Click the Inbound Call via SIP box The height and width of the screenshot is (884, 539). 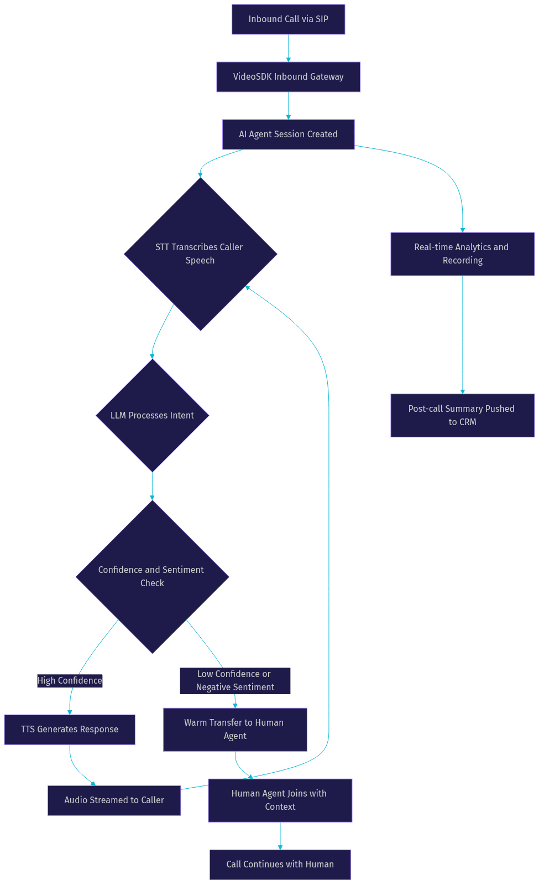[x=288, y=19]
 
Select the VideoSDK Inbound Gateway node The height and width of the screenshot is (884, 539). [x=288, y=77]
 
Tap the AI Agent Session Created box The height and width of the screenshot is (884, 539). [x=288, y=135]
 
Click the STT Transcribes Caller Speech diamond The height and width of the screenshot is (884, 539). [x=200, y=254]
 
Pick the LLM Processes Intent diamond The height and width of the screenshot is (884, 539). [x=152, y=415]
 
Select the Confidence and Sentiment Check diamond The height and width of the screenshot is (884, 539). [x=152, y=577]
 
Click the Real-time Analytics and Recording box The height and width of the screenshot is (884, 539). [x=462, y=254]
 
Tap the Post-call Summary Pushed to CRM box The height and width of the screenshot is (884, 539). [x=462, y=415]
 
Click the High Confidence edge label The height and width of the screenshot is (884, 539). [x=70, y=680]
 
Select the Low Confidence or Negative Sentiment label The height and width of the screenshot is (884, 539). [x=235, y=680]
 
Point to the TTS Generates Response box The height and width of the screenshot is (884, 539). [x=70, y=730]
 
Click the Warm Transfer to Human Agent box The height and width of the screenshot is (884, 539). [x=235, y=730]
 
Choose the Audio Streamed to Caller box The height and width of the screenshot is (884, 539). [x=114, y=800]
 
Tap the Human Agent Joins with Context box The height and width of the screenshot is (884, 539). [x=280, y=800]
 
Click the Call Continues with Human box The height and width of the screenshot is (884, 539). [x=280, y=864]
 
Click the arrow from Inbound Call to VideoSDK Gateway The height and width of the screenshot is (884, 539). [x=288, y=48]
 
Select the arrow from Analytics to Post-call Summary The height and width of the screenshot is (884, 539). [x=463, y=335]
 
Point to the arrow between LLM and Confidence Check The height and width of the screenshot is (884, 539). [x=152, y=486]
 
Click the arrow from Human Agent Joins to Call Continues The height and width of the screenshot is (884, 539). [x=280, y=836]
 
